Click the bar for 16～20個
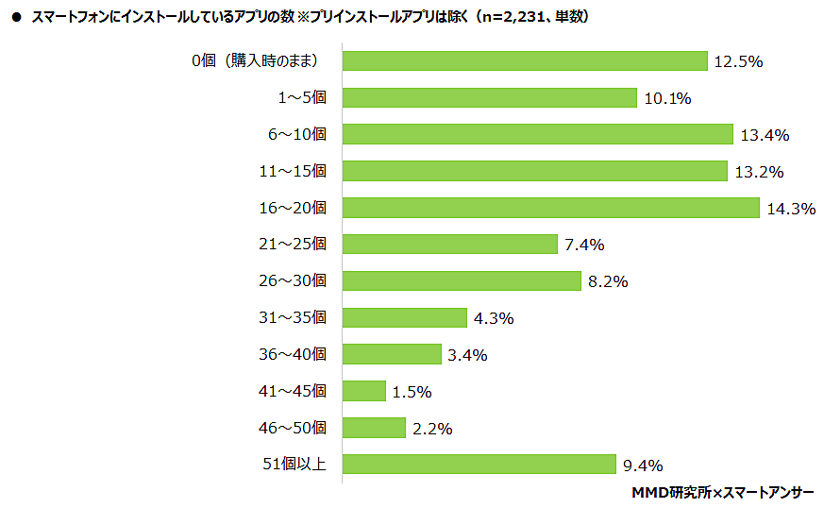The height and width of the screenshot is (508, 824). click(550, 208)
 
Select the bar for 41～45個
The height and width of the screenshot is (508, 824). click(363, 391)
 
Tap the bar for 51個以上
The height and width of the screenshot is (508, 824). click(479, 464)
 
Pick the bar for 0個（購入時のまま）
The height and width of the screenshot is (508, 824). click(524, 61)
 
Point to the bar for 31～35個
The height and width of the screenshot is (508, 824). click(404, 317)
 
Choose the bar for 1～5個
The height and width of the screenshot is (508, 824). click(489, 98)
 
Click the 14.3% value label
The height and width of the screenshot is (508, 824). click(791, 209)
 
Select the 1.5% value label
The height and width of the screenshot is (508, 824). click(412, 392)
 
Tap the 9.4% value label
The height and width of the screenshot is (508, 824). click(643, 465)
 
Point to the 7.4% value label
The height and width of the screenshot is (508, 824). click(584, 246)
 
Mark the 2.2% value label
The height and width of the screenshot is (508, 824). click(432, 429)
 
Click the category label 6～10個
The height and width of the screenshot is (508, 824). click(296, 135)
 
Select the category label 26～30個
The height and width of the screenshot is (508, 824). click(292, 281)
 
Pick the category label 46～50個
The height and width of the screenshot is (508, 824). click(292, 428)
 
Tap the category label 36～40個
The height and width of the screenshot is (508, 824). click(292, 354)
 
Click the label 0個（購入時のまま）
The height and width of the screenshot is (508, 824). click(255, 61)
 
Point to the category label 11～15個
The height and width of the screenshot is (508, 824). click(292, 171)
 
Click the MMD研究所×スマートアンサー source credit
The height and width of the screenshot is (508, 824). click(723, 493)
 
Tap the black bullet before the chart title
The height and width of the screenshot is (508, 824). click(15, 17)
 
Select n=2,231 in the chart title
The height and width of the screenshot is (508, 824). click(516, 16)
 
